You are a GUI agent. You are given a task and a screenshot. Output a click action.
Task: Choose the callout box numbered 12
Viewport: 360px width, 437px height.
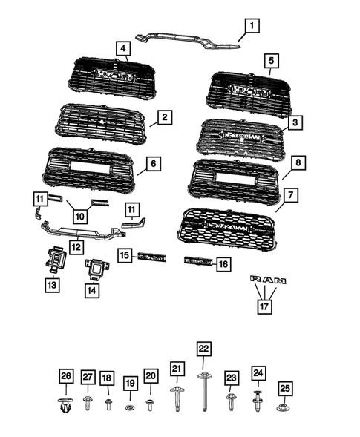click(x=76, y=246)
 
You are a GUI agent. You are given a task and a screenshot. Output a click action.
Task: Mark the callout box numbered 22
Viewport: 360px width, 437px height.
click(x=203, y=349)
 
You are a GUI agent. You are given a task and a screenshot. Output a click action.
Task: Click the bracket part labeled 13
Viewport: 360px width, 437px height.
click(x=56, y=259)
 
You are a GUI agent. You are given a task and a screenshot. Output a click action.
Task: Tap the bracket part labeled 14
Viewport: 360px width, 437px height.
click(x=96, y=267)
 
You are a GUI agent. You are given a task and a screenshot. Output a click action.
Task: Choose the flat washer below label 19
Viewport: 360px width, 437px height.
click(x=129, y=407)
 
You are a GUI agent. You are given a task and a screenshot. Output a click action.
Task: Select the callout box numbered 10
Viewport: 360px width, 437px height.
click(x=80, y=217)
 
